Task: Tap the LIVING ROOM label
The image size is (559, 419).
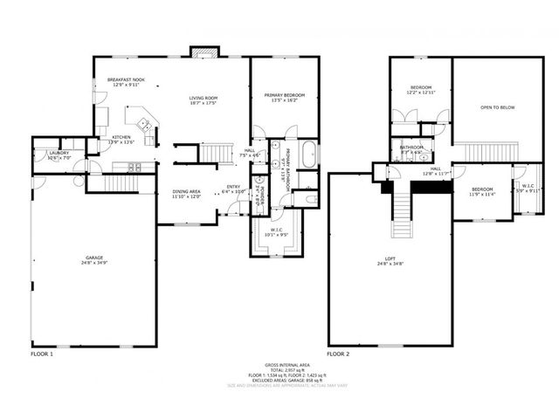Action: (203, 100)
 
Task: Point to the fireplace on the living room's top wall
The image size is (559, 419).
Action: (203, 52)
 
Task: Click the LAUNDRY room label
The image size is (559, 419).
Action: (46, 155)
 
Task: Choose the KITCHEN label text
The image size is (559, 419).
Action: (121, 139)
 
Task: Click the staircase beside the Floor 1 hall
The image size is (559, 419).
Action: (215, 154)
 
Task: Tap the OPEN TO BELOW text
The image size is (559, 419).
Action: (496, 107)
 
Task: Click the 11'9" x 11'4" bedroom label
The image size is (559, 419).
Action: (482, 192)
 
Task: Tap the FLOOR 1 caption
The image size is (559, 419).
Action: (42, 355)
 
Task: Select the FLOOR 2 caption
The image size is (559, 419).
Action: (338, 355)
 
